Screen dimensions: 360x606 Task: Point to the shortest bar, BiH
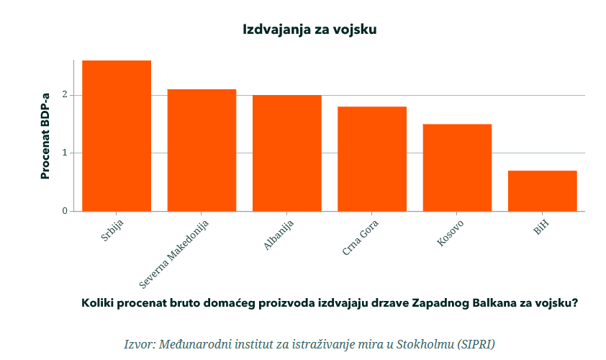[x=542, y=191]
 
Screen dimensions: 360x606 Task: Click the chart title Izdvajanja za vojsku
[x=309, y=30]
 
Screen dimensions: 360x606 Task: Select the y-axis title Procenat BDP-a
[x=45, y=136]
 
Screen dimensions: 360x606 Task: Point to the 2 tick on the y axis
[x=64, y=95]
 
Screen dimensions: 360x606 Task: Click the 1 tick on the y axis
[x=64, y=153]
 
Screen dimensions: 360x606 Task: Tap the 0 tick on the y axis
[x=64, y=211]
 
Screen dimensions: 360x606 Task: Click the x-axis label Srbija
[x=113, y=230]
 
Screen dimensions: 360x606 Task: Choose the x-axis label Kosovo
[x=451, y=233]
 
